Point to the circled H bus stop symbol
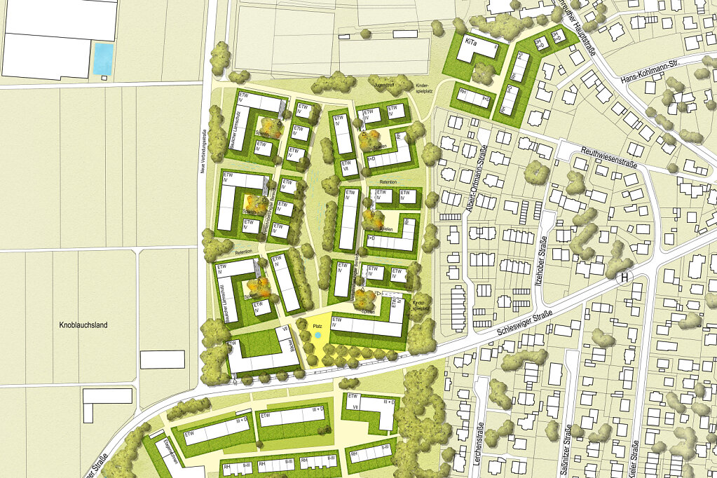[x=624, y=278]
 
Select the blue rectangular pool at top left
[x=103, y=59]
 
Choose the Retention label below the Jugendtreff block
[x=388, y=182]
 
